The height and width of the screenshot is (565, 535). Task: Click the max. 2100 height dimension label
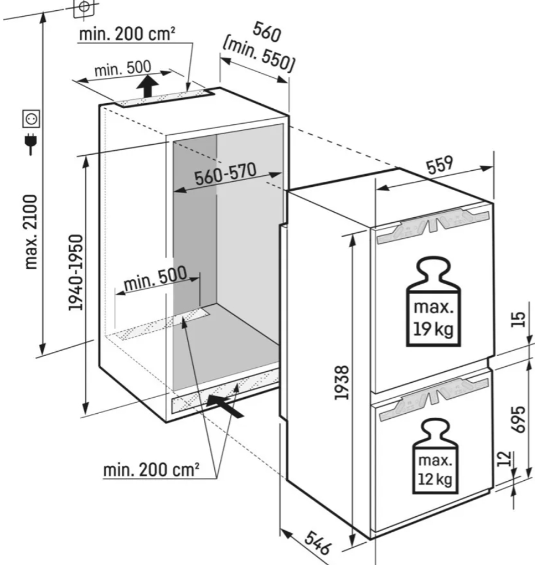[x=31, y=232]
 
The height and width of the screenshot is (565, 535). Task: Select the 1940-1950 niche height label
[x=76, y=273]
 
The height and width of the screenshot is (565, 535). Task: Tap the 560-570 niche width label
[x=226, y=174]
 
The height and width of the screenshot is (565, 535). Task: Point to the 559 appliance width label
[x=439, y=165]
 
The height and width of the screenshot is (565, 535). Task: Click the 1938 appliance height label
[x=341, y=383]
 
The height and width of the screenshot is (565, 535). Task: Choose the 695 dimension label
[x=518, y=419]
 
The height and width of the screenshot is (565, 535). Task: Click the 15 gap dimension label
[x=518, y=319]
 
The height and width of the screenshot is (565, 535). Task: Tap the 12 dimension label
[x=505, y=458]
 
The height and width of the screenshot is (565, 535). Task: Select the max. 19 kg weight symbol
[x=434, y=302]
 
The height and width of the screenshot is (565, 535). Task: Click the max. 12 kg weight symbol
[x=435, y=456]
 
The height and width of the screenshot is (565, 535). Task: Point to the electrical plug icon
[x=31, y=143]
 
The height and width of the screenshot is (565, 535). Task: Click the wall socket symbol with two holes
[x=32, y=119]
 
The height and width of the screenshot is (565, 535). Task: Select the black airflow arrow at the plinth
[x=225, y=406]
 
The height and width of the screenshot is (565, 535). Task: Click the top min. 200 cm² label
[x=127, y=34]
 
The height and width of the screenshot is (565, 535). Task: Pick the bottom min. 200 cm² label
[x=151, y=470]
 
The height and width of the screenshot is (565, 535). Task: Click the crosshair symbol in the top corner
[x=84, y=7]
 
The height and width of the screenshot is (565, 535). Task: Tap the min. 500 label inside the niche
[x=155, y=278]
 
